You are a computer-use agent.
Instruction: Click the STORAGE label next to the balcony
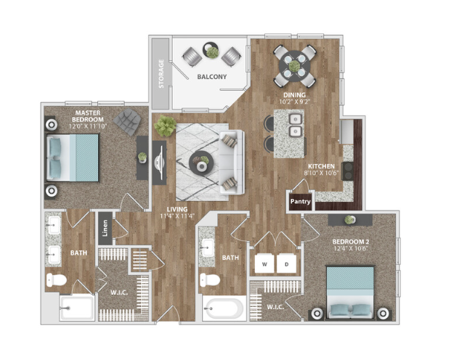click(x=161, y=74)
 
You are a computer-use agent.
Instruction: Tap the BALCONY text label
click(x=212, y=77)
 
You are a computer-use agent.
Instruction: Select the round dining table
click(x=294, y=66)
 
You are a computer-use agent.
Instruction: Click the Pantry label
click(x=300, y=202)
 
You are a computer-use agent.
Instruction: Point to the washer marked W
click(x=264, y=263)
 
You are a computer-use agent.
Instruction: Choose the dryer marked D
click(x=286, y=263)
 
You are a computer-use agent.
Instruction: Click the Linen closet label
click(x=105, y=228)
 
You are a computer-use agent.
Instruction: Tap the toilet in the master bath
click(x=57, y=280)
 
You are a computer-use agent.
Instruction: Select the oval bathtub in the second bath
click(x=224, y=308)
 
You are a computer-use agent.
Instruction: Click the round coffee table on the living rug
click(x=200, y=163)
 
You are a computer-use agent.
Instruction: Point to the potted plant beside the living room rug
click(x=165, y=126)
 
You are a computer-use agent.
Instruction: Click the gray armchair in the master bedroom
click(x=127, y=121)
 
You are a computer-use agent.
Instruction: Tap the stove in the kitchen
click(x=347, y=171)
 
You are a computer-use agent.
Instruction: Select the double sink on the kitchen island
click(x=296, y=125)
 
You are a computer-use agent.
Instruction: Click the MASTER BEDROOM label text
click(x=88, y=116)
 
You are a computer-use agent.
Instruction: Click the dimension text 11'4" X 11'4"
click(x=177, y=216)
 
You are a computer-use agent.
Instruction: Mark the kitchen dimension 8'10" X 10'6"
click(x=321, y=173)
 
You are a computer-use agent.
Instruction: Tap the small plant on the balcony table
click(x=212, y=52)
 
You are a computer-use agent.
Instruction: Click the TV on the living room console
click(x=159, y=163)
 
